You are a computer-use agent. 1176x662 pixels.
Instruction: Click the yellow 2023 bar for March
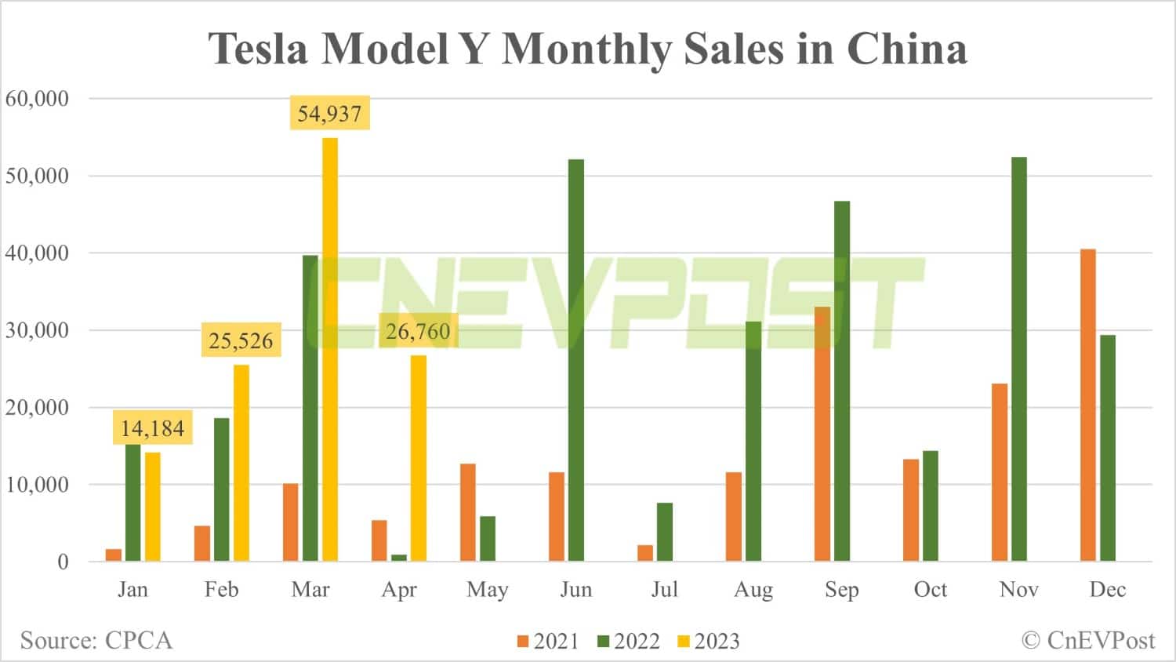click(x=330, y=349)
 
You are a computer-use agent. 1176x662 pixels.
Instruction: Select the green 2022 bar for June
click(x=576, y=360)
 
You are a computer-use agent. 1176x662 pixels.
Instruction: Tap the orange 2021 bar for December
click(x=1088, y=405)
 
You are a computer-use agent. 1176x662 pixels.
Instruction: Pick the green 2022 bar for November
click(x=1019, y=359)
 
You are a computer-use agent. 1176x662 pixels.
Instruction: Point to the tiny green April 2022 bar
click(x=399, y=558)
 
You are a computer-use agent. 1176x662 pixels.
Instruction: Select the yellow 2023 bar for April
click(x=419, y=458)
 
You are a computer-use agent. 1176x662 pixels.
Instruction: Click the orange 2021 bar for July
click(x=645, y=553)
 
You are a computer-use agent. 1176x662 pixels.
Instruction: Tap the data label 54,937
click(x=329, y=114)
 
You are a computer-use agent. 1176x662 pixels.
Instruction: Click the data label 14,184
click(x=152, y=428)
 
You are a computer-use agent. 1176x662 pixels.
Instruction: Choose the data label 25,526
click(x=241, y=340)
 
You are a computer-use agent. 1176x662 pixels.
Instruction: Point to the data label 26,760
click(x=418, y=332)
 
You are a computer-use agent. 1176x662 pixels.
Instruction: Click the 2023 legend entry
click(x=708, y=642)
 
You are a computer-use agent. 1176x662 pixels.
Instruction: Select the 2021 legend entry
click(x=547, y=642)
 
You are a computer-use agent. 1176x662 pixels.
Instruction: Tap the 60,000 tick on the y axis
click(x=37, y=99)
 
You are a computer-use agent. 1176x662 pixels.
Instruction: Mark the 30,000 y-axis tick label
click(x=37, y=330)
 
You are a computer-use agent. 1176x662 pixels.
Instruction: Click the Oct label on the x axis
click(x=930, y=590)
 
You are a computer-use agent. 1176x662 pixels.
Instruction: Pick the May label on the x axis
click(x=487, y=590)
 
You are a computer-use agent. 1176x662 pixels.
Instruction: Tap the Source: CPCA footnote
click(x=96, y=640)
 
